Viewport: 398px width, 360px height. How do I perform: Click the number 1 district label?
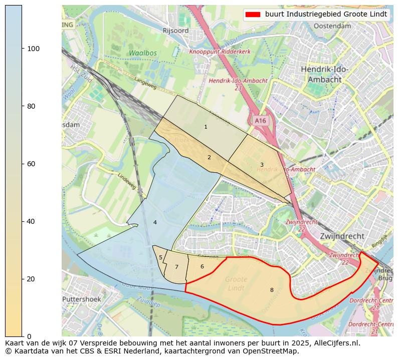pos(206,127)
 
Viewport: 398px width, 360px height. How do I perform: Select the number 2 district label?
pos(209,158)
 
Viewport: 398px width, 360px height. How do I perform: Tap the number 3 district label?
pos(262,165)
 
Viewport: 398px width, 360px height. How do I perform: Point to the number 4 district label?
pos(155,222)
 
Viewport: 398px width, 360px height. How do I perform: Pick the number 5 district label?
pos(160,258)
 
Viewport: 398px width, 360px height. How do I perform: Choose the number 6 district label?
pos(202,266)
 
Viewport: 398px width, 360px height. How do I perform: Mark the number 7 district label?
pos(176,267)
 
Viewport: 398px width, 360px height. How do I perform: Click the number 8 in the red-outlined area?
pos(272,290)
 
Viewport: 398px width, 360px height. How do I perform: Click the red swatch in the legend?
pos(253,15)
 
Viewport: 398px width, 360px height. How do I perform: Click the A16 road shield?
pos(260,121)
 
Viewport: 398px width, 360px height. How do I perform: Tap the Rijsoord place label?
pos(175,31)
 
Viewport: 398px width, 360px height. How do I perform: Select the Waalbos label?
pos(142,53)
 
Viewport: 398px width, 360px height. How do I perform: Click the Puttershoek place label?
pos(81,299)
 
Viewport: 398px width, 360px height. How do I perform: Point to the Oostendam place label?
pos(332,26)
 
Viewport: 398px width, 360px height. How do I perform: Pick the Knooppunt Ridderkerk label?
pos(220,52)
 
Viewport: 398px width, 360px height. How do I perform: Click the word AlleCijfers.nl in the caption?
pos(334,343)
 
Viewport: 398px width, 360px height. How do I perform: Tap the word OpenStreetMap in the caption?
pos(273,351)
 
